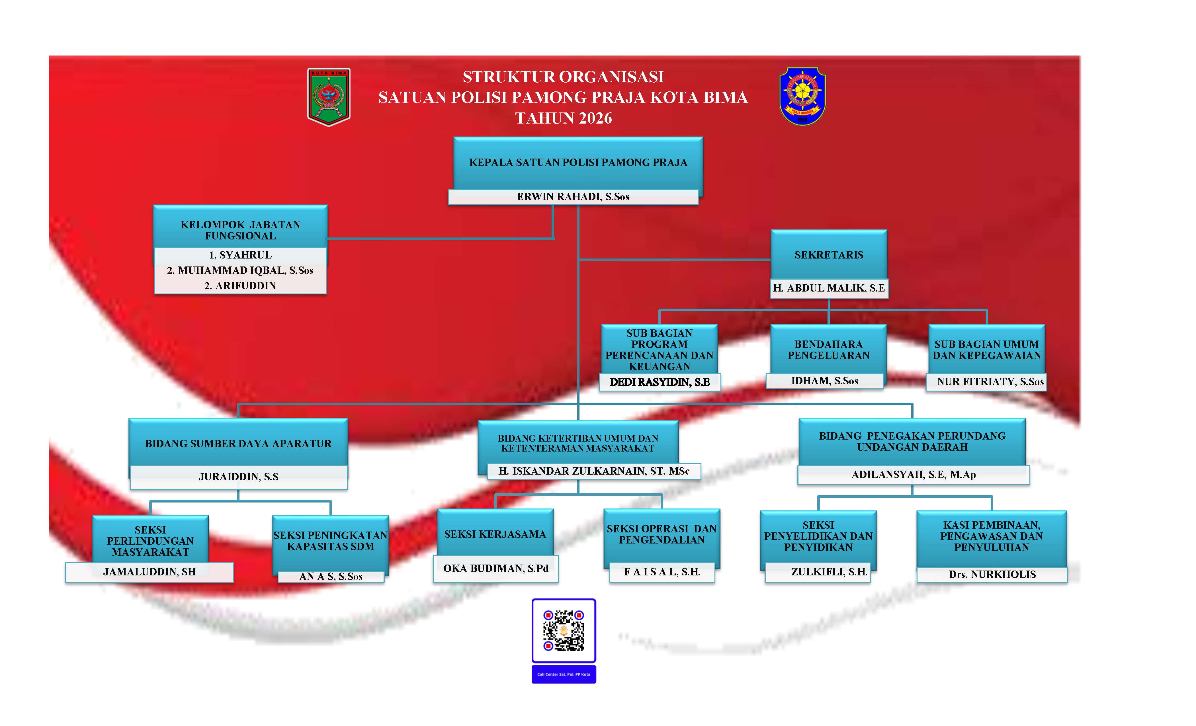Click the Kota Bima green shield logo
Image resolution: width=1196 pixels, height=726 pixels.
329,97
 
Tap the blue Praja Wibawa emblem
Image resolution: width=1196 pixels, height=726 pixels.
802,96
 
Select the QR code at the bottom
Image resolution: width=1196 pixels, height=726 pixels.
564,630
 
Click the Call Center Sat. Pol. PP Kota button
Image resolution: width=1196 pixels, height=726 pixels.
564,674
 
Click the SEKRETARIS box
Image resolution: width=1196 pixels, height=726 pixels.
829,255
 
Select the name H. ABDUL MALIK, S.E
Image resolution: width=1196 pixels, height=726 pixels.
829,288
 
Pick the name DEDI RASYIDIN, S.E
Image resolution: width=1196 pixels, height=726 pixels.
660,382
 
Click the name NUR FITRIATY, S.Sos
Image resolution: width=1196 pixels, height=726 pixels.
990,382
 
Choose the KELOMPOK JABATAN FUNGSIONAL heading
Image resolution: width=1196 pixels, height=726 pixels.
240,230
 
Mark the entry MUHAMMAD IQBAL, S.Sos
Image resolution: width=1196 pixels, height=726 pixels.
240,270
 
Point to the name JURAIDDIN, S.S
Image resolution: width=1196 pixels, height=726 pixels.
238,477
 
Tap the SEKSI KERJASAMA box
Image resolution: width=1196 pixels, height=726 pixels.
495,534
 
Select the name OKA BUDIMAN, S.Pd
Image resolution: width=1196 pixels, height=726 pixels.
495,568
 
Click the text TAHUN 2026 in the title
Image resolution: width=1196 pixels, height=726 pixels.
564,118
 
